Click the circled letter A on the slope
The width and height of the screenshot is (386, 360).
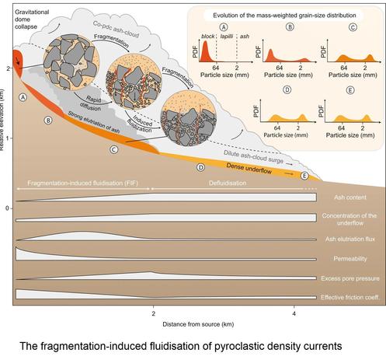23,97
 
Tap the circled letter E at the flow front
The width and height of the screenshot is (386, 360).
304,176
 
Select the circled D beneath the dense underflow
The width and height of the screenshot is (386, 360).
200,167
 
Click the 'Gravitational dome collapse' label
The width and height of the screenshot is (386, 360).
32,19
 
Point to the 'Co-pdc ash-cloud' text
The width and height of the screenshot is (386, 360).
116,30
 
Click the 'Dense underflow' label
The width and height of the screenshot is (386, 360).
249,169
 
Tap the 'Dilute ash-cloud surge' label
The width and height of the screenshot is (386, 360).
254,157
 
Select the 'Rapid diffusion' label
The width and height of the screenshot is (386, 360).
92,103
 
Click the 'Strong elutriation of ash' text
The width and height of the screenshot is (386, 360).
94,122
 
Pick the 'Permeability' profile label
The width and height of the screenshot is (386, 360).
350,259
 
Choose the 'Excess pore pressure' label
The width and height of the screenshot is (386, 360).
350,278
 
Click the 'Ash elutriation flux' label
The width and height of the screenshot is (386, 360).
350,239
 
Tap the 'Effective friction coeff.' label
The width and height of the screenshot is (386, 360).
350,297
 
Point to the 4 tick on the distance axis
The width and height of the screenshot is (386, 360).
294,313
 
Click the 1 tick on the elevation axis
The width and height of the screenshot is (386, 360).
7,138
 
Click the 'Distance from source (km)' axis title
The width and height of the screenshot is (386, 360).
198,324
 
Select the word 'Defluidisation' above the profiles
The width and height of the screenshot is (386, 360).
228,183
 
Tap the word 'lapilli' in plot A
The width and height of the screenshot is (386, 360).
227,37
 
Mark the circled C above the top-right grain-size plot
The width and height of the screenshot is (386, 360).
353,27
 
